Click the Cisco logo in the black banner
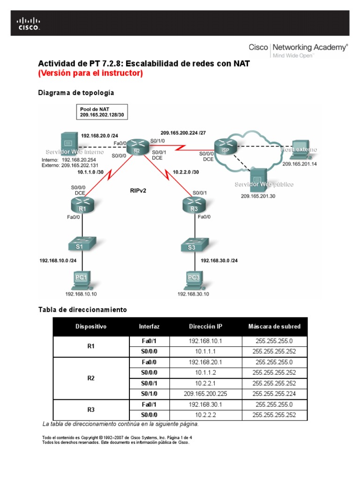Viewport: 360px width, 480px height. point(29,23)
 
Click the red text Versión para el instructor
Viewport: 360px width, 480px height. point(90,74)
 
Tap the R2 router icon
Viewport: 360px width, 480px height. point(136,146)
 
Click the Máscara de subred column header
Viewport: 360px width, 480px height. point(274,326)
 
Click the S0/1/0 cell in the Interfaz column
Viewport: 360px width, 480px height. point(149,394)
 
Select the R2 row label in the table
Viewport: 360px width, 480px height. point(91,378)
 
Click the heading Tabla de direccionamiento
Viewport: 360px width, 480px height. point(82,310)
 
